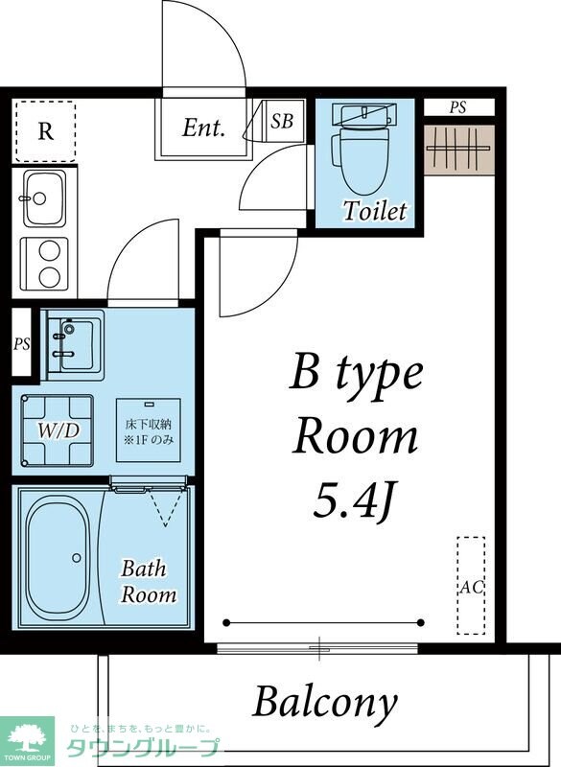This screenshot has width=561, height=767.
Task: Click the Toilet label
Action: click(x=375, y=211)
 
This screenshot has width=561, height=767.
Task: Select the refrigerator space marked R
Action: click(x=45, y=131)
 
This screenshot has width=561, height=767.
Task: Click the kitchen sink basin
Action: click(x=44, y=198)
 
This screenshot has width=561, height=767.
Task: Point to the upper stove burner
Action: click(x=49, y=252)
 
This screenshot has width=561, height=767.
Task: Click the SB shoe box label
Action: click(x=282, y=121)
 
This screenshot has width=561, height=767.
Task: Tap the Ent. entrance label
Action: click(x=203, y=128)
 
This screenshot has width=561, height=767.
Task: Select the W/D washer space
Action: click(x=58, y=430)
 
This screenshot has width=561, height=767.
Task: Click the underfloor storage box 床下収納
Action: click(x=149, y=430)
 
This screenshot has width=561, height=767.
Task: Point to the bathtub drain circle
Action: click(x=77, y=558)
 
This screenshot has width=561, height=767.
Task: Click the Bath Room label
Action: click(x=149, y=582)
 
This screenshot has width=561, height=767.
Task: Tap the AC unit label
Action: click(x=471, y=587)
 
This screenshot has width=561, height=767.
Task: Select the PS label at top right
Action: click(x=457, y=107)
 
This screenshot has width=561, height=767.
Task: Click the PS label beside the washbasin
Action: click(x=21, y=344)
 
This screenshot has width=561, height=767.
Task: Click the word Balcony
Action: click(x=325, y=703)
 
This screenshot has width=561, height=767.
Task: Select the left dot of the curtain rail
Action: click(x=226, y=622)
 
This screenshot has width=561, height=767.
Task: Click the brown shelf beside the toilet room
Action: click(x=459, y=150)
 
